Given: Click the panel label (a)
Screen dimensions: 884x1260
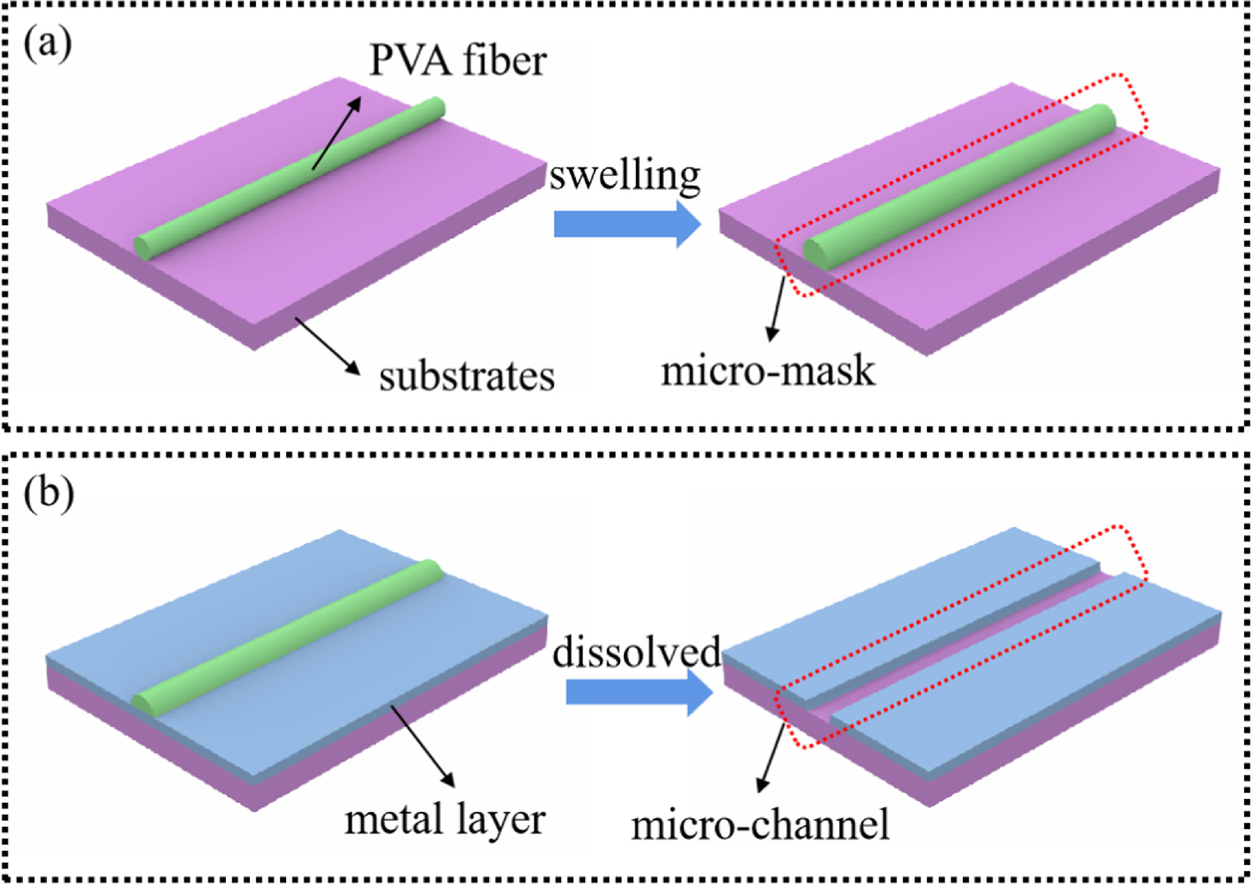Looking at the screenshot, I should tap(48, 44).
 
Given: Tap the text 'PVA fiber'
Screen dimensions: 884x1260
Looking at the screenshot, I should tap(458, 60).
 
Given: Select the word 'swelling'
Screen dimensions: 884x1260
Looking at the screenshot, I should tap(625, 176).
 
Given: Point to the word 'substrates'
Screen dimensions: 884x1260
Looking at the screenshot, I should tap(466, 377).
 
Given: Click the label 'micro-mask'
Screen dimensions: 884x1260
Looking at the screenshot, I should tap(767, 371).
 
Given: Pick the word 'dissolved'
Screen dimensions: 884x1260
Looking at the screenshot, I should tap(637, 652).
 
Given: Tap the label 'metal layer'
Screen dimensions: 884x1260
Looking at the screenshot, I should tap(444, 819).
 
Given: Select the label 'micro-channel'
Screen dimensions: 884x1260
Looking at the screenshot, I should tap(760, 825).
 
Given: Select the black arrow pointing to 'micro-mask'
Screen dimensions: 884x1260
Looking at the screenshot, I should tap(777, 308).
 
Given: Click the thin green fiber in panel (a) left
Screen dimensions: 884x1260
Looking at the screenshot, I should tap(290, 178).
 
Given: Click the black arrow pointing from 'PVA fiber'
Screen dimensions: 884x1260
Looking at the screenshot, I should tap(337, 133).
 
